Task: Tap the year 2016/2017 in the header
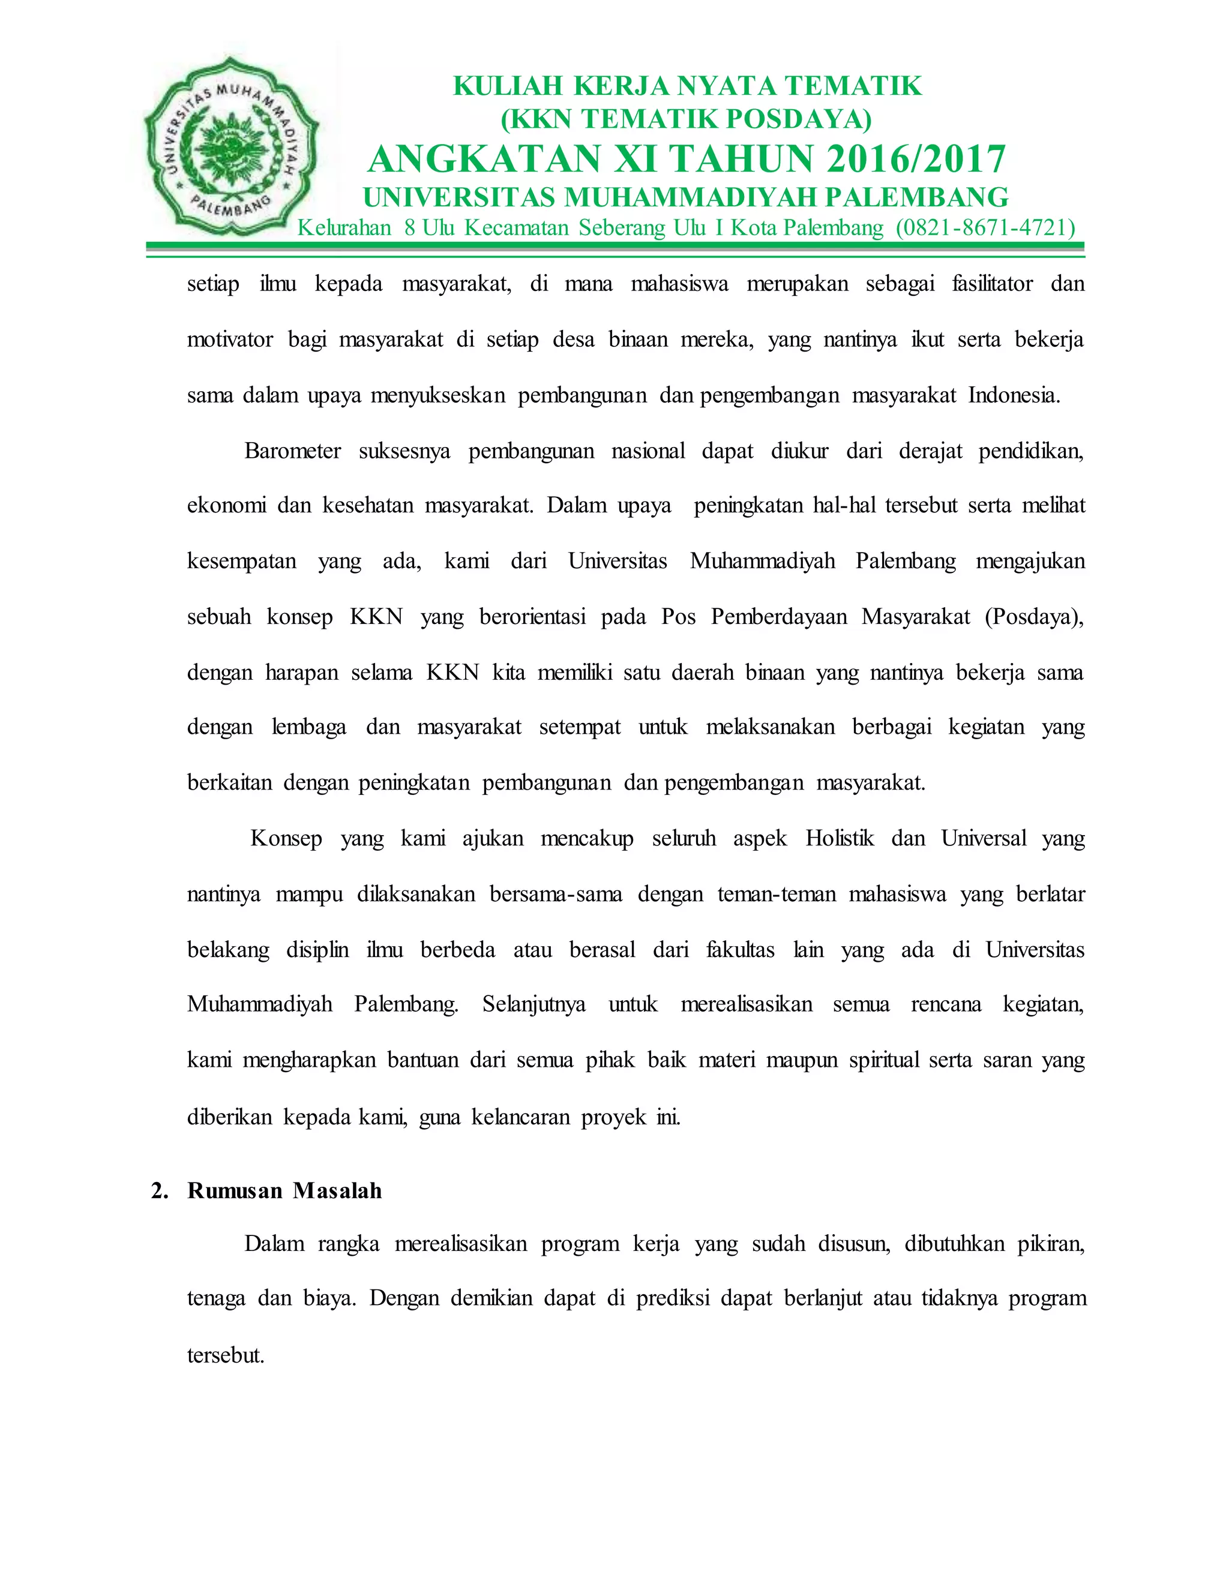[916, 160]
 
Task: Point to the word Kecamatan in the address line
[516, 228]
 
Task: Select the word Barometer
[293, 451]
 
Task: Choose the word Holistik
[840, 838]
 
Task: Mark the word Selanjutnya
[533, 1004]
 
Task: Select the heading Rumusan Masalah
[284, 1190]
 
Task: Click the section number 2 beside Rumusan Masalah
[157, 1190]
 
